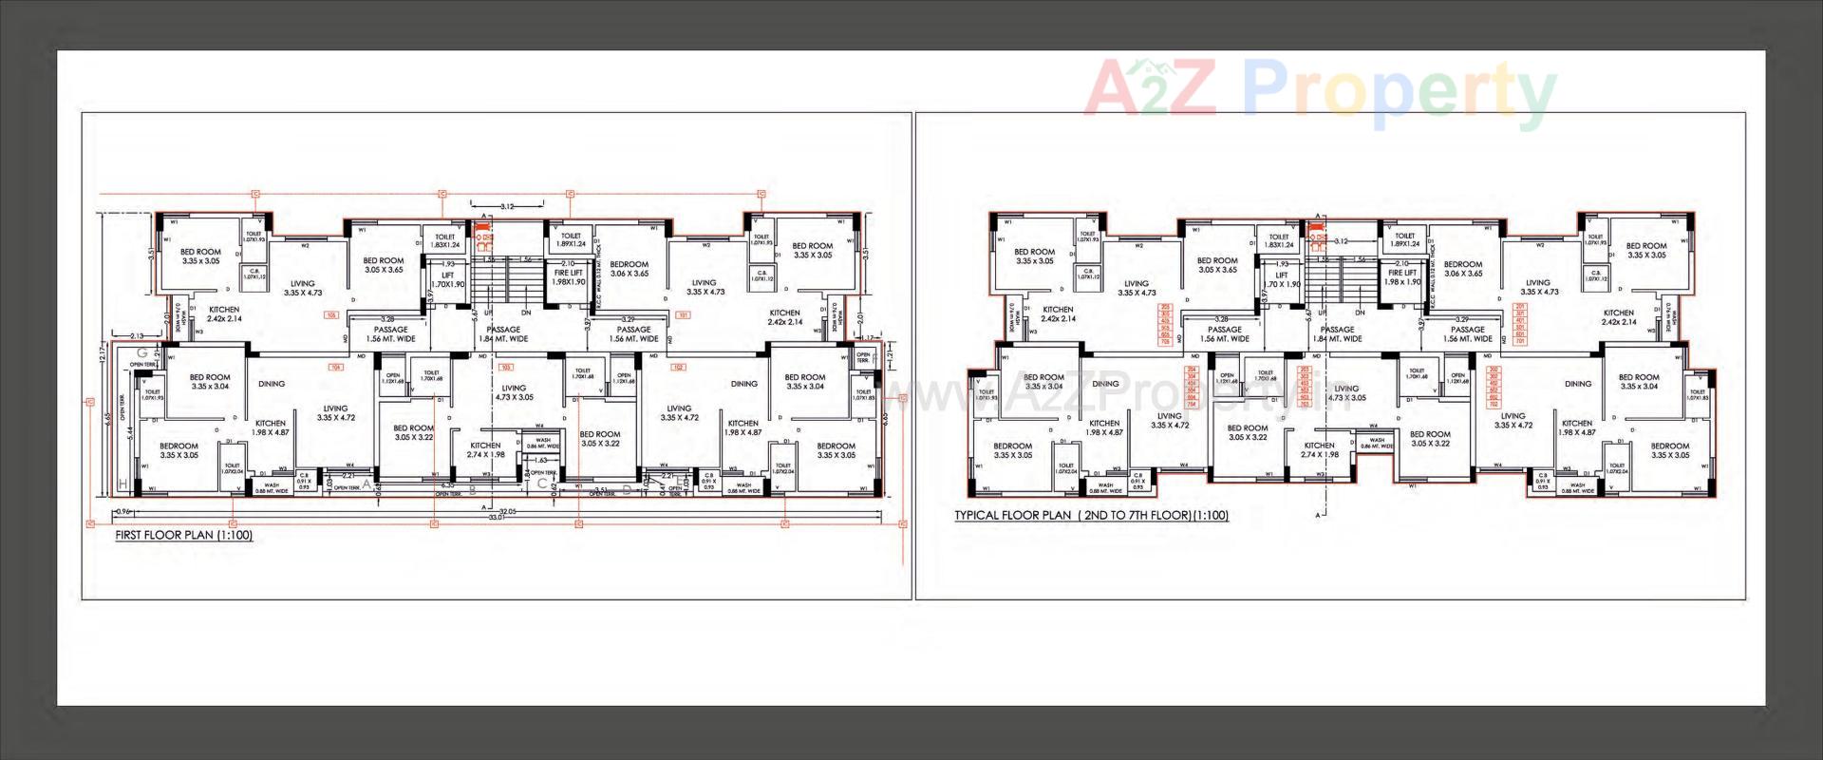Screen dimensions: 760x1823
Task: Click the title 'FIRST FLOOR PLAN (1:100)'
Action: click(x=184, y=535)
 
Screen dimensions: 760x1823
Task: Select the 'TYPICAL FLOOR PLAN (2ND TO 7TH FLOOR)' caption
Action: click(x=1091, y=516)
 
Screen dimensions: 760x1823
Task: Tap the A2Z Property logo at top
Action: click(x=1319, y=93)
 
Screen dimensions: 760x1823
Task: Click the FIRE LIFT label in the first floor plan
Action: click(x=569, y=277)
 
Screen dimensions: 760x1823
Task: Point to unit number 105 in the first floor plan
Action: click(x=331, y=315)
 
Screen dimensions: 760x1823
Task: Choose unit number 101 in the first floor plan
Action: click(x=682, y=315)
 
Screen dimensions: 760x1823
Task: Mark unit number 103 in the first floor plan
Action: click(x=506, y=367)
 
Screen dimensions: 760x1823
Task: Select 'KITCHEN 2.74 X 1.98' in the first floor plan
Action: click(x=485, y=449)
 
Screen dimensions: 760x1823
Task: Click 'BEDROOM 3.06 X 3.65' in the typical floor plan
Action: click(x=1463, y=269)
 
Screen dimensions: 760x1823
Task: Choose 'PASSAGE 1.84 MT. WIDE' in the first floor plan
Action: click(x=503, y=334)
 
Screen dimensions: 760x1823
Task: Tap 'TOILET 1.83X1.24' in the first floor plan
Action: click(x=445, y=241)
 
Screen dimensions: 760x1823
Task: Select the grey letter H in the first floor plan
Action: click(x=122, y=484)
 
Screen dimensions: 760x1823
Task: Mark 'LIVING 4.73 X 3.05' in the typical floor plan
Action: click(x=1346, y=393)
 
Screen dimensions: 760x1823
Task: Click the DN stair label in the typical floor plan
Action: click(x=1360, y=313)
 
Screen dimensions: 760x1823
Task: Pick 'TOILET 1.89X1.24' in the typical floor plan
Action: click(x=1405, y=240)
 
